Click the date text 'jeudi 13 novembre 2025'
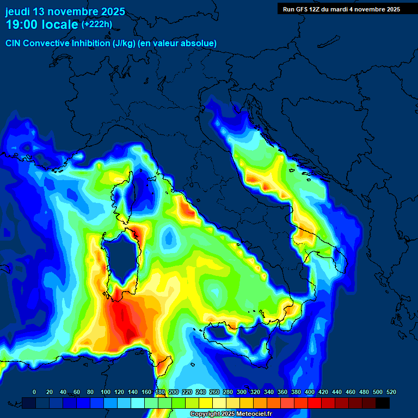click(65, 11)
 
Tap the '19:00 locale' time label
click(42, 24)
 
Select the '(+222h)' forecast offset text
click(96, 24)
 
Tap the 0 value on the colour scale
click(34, 392)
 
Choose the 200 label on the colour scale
click(173, 392)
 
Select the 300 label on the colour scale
click(242, 392)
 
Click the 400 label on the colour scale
click(310, 392)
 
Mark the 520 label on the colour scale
click(391, 392)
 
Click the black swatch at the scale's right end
click(383, 403)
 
